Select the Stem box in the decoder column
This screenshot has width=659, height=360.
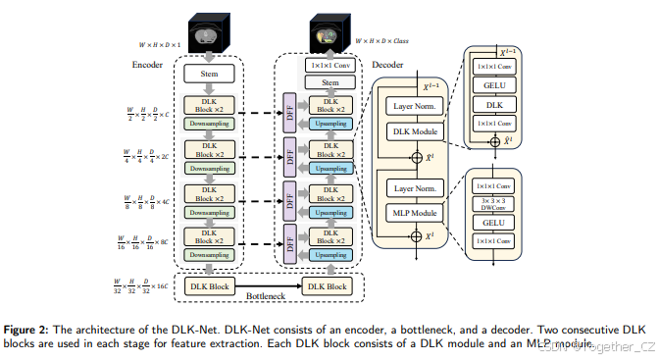click(329, 83)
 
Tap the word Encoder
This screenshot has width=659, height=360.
click(147, 65)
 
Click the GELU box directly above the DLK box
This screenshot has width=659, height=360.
click(494, 84)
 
